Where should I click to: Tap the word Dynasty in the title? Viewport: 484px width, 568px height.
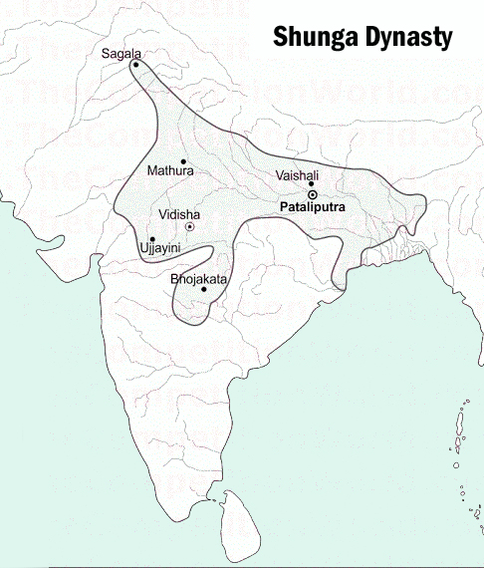pyautogui.click(x=409, y=39)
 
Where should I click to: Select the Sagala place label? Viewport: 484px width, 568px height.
pyautogui.click(x=121, y=52)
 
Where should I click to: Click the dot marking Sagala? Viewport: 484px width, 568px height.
pyautogui.click(x=135, y=64)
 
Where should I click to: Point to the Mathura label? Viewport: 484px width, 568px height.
pyautogui.click(x=170, y=171)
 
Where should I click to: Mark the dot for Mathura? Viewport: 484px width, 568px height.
pyautogui.click(x=183, y=160)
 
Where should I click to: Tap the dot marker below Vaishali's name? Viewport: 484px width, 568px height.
pyautogui.click(x=311, y=183)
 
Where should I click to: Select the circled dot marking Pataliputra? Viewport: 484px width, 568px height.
pyautogui.click(x=312, y=195)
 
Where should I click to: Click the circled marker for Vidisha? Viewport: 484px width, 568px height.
pyautogui.click(x=189, y=226)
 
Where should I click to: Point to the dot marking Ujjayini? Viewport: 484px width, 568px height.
pyautogui.click(x=151, y=238)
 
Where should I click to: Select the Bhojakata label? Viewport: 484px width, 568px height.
pyautogui.click(x=199, y=279)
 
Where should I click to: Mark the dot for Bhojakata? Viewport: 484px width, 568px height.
pyautogui.click(x=204, y=289)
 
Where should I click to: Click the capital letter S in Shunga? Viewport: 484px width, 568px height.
pyautogui.click(x=282, y=39)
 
